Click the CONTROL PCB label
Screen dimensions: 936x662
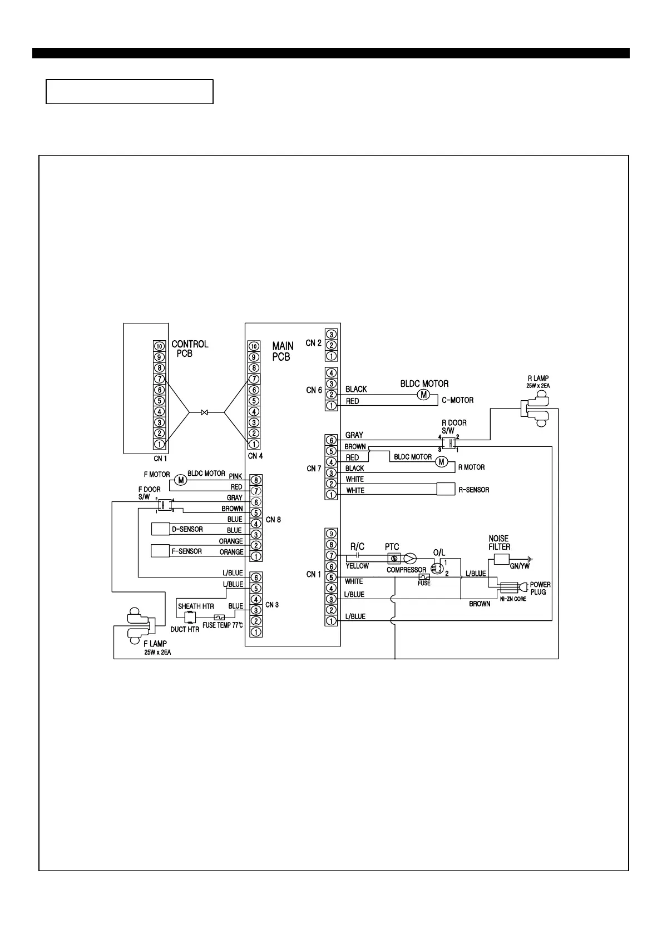click(x=190, y=348)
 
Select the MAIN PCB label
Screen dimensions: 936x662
click(x=283, y=351)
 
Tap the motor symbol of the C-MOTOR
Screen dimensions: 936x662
click(x=424, y=394)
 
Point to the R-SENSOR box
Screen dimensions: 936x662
click(x=446, y=489)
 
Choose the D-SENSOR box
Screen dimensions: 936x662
click(x=161, y=529)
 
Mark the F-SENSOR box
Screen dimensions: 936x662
click(x=161, y=551)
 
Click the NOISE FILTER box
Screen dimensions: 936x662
click(x=502, y=559)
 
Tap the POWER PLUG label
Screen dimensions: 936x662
click(x=540, y=588)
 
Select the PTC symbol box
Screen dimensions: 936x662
click(x=394, y=558)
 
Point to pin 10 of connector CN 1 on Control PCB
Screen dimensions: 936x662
click(x=159, y=346)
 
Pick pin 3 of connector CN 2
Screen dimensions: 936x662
click(x=331, y=334)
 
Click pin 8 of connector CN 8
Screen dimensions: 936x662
click(x=256, y=480)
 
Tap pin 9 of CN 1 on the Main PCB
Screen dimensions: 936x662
click(x=331, y=534)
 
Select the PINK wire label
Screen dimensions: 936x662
click(x=235, y=476)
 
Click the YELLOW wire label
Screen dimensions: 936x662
click(x=357, y=566)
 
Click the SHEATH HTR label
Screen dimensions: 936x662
click(x=196, y=606)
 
